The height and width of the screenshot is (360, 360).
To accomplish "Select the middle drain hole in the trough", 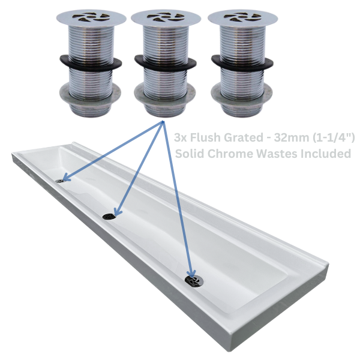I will [109, 215].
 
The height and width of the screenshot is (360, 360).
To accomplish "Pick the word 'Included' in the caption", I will [324, 154].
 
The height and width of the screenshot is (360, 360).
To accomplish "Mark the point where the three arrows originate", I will [163, 122].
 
